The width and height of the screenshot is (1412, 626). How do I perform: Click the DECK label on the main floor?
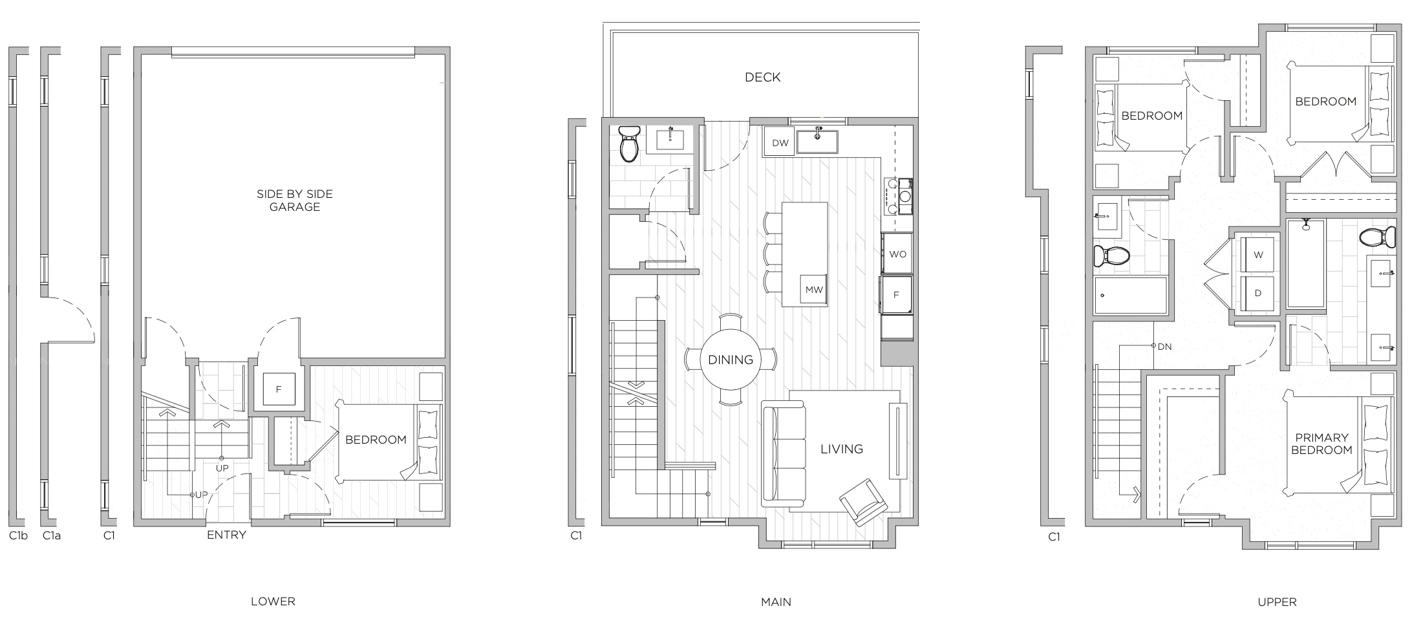point(762,77)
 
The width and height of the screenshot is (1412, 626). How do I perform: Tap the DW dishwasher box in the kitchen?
point(780,143)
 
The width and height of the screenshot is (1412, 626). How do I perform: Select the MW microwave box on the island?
point(814,289)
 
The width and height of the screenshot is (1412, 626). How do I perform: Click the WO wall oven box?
point(897,254)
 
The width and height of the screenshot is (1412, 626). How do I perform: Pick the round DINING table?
point(731,360)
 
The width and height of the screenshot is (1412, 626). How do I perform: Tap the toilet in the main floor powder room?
point(628,143)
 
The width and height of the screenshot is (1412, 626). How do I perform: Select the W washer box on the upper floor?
point(1258,254)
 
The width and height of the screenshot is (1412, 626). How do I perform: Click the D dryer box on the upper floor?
point(1258,293)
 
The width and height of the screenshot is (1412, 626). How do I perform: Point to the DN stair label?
point(1164,347)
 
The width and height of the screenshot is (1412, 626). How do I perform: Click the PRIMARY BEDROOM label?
point(1321,444)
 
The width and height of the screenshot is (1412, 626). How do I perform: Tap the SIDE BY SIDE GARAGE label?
point(295,200)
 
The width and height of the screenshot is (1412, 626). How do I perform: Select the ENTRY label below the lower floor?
point(226,535)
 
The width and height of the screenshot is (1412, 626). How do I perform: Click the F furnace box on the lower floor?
point(279,389)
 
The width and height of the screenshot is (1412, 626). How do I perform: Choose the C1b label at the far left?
point(18,535)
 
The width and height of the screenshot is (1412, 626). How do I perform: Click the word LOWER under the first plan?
point(273,601)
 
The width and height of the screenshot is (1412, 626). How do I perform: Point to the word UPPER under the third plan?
point(1277,601)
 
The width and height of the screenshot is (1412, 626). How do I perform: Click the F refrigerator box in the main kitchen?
point(897,295)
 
